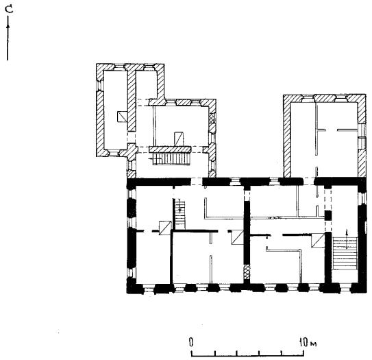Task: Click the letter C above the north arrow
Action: (10, 10)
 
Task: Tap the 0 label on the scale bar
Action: (191, 342)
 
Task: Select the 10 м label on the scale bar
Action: (308, 342)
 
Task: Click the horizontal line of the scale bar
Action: (247, 356)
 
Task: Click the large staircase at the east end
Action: (345, 253)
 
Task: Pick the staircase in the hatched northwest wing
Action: (171, 158)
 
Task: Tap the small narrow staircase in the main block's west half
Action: (179, 214)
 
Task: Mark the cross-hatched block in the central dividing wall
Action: (247, 272)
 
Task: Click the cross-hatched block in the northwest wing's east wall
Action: (212, 117)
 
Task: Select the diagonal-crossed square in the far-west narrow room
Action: (122, 117)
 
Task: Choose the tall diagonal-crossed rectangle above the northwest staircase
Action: (179, 139)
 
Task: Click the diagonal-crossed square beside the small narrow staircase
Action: (165, 228)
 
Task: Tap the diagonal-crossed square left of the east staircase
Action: (318, 240)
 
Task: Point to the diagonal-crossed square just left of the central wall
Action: (238, 237)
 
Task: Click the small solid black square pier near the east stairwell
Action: (328, 215)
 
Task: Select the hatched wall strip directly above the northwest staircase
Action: (170, 149)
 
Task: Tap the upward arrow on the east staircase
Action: (347, 239)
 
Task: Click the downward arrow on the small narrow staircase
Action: (179, 206)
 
